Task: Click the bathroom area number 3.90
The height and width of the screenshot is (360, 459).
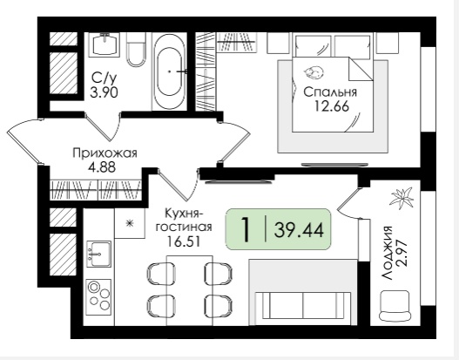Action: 105,93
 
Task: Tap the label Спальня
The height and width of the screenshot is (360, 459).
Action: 330,92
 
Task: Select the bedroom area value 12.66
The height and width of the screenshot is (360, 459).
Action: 331,106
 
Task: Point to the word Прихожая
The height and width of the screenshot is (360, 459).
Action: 105,153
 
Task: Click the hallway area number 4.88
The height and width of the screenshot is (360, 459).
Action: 102,167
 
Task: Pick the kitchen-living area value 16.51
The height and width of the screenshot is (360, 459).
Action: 183,241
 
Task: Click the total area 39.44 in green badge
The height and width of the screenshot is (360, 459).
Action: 299,229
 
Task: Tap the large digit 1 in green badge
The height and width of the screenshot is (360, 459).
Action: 246,229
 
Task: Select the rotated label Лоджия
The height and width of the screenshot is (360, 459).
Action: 388,253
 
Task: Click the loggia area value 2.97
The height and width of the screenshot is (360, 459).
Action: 402,253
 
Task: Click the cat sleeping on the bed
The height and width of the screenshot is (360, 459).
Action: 314,71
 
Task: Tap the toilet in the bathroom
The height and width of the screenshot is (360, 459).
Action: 136,49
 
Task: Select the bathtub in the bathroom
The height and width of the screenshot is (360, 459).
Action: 170,71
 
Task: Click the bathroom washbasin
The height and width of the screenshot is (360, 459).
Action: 106,44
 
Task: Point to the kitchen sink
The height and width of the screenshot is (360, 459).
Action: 99,254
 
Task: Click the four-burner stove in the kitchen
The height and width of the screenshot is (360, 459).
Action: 98,297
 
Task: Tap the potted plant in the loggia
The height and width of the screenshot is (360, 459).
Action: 402,198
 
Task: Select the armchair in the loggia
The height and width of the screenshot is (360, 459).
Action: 395,306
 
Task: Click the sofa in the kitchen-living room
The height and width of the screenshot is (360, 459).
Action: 302,309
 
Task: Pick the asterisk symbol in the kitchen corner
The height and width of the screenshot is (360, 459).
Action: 129,224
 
